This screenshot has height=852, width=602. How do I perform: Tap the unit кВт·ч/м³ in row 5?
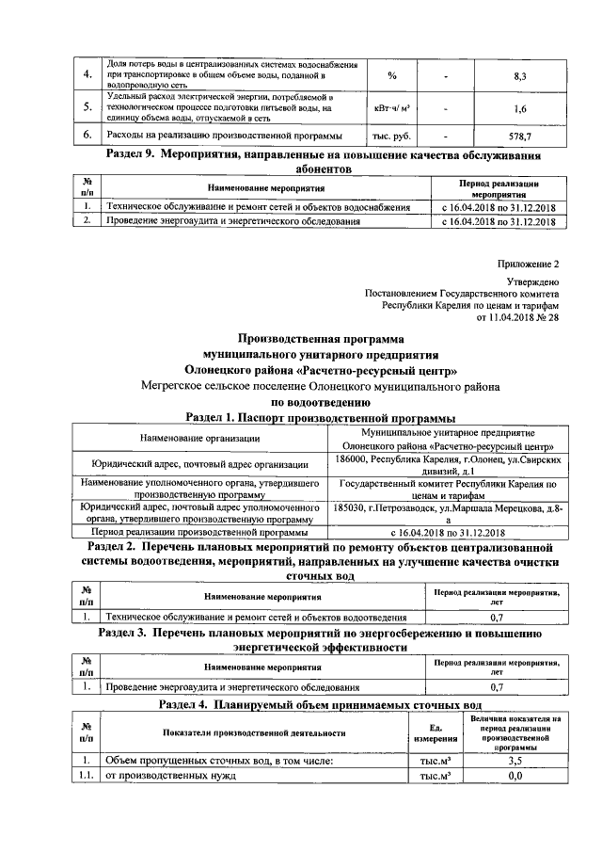coord(392,108)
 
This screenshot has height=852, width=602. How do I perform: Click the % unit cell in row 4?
coord(392,74)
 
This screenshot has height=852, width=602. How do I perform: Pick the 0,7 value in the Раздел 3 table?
coord(498,687)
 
